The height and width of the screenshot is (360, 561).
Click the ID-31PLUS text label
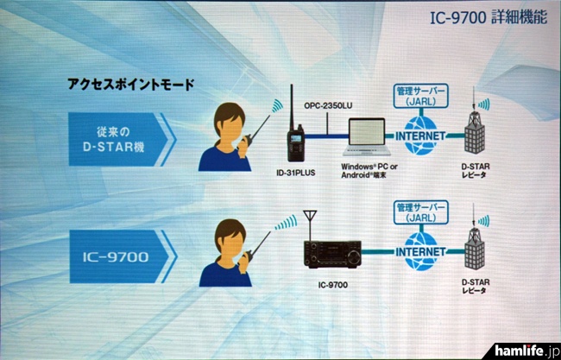pyautogui.click(x=297, y=174)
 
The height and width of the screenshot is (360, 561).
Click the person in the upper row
pyautogui.click(x=225, y=137)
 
